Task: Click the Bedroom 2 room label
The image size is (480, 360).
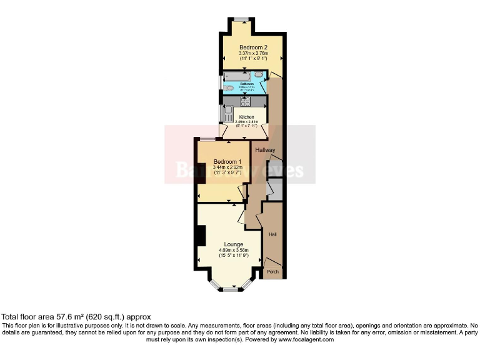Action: coord(253,47)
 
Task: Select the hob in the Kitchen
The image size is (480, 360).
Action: coord(245,102)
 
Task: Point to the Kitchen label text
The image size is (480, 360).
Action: coord(246,117)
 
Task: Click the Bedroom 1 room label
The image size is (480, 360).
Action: coord(226,161)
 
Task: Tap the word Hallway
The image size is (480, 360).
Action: coord(265,149)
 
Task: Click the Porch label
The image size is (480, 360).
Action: coord(272,272)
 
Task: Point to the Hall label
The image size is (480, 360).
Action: coord(272,234)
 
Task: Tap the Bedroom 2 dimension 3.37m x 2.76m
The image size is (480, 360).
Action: coord(253,53)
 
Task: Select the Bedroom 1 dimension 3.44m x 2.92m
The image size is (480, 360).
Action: coord(226,167)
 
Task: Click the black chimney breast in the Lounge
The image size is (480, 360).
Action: coord(200,236)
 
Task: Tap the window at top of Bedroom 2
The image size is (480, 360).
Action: coord(241,18)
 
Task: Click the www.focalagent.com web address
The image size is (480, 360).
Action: coord(306,339)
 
